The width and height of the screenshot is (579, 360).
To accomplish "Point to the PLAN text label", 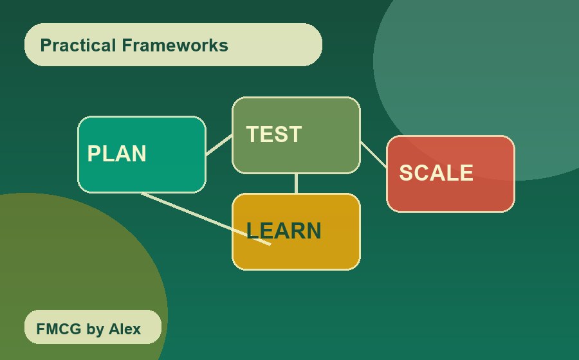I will pos(116,154).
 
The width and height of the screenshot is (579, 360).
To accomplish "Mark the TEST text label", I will pos(273,134).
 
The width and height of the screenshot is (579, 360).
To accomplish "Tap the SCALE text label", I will pos(436,173).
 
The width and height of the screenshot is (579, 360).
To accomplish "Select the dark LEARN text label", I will pos(283,231).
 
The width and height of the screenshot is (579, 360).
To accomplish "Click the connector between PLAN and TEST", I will pos(219,145).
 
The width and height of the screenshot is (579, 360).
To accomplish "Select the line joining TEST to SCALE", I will pos(373,154).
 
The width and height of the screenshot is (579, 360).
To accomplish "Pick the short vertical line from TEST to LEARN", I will pos(296,183).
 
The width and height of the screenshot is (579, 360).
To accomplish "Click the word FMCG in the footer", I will pos(59,329).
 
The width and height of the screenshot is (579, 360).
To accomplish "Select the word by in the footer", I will pos(95,329).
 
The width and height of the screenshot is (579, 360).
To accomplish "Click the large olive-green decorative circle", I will pos(64,257).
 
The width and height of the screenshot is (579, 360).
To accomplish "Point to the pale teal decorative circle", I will pos(489,64).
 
